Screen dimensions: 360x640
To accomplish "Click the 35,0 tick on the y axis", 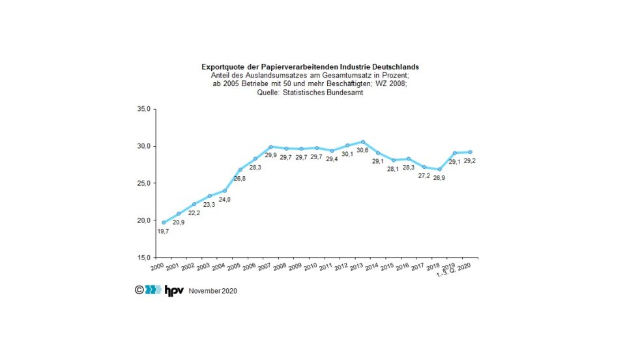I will click(x=142, y=109).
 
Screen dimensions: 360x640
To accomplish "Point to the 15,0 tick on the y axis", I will click(x=142, y=257).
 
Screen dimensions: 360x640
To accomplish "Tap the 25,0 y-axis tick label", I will click(x=142, y=183).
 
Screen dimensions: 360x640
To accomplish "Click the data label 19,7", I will click(x=164, y=231).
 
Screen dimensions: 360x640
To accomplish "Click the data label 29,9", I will click(x=270, y=155).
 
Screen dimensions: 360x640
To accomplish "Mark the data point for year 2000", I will click(x=164, y=222).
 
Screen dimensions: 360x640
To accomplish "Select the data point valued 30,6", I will click(x=363, y=142).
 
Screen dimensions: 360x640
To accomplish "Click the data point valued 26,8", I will click(x=240, y=170).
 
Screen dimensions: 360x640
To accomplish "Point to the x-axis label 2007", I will click(x=265, y=267).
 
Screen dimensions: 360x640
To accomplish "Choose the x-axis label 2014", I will click(x=371, y=267).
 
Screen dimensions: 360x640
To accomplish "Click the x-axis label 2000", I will click(x=157, y=267).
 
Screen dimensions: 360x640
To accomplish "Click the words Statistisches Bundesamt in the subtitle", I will click(x=330, y=94).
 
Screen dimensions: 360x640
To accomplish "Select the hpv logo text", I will click(x=173, y=290).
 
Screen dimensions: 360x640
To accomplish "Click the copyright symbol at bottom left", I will click(x=139, y=290).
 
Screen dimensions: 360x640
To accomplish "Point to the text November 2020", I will click(x=213, y=291).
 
